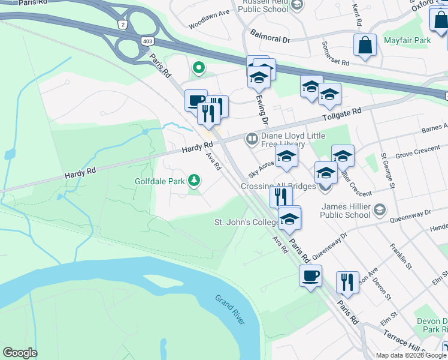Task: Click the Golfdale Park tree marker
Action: click(x=194, y=180)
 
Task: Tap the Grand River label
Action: click(x=230, y=310)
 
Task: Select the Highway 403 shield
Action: click(x=148, y=41)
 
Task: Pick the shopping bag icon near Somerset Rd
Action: click(x=365, y=45)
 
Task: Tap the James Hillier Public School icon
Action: click(x=379, y=210)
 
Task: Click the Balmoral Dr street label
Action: click(x=270, y=37)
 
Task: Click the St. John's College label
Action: click(x=247, y=223)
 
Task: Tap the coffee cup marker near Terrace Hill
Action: click(x=310, y=276)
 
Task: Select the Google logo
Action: click(x=20, y=353)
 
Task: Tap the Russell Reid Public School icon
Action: click(x=296, y=5)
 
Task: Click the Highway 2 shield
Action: click(x=123, y=24)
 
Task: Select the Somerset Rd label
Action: click(x=335, y=54)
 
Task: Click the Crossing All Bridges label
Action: click(x=279, y=186)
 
